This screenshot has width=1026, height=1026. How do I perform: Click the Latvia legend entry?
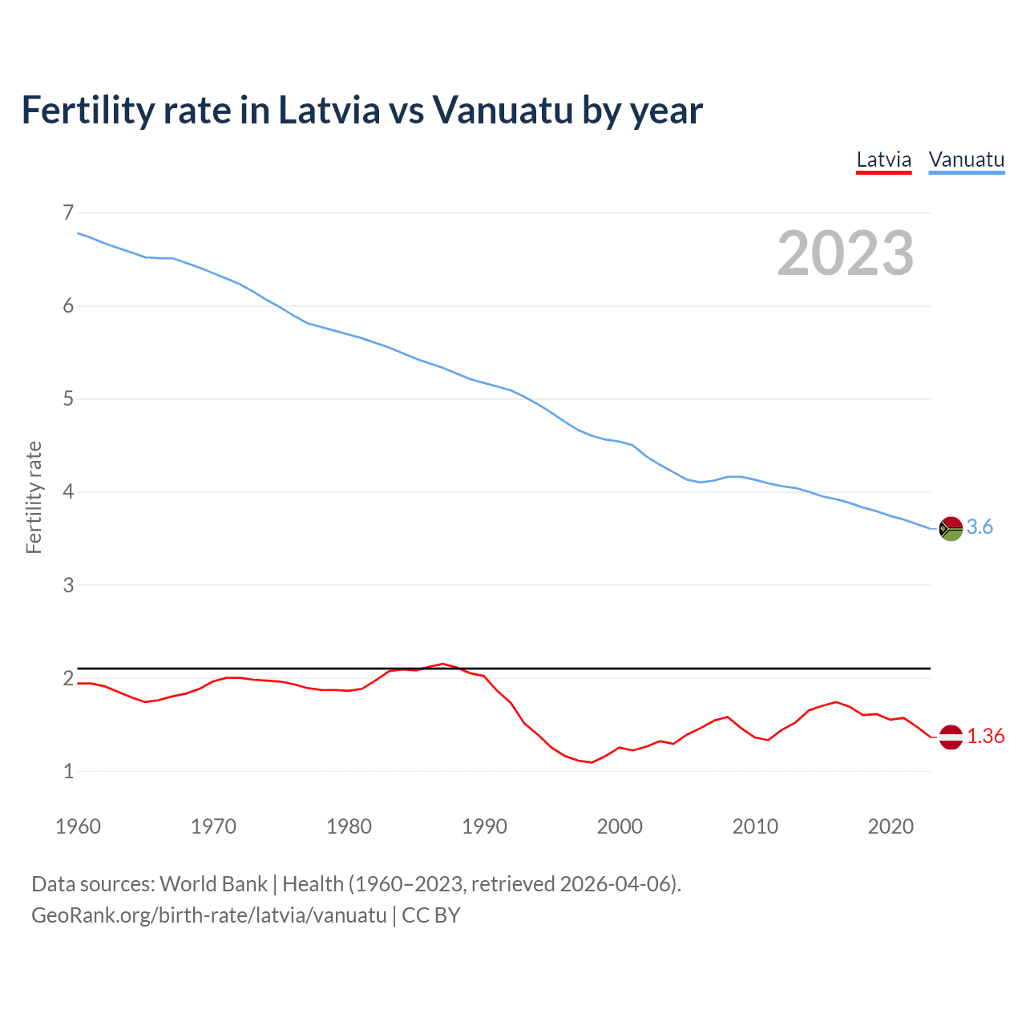[x=883, y=160]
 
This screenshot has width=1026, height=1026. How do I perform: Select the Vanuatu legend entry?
[x=966, y=160]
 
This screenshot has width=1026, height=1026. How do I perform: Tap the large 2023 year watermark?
[x=845, y=253]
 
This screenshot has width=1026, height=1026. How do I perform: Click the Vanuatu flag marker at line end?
[x=951, y=528]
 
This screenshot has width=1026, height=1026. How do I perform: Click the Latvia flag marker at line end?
[x=951, y=737]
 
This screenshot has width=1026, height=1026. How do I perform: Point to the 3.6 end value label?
[x=980, y=527]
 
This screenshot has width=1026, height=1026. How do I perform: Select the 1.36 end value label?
[x=985, y=737]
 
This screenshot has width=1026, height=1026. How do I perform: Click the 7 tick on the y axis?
[x=68, y=212]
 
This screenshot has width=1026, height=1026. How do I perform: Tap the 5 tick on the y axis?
[x=68, y=399]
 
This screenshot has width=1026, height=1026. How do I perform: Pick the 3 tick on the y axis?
[x=68, y=585]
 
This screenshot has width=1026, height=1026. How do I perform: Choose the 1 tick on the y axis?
[x=68, y=771]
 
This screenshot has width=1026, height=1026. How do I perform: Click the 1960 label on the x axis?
[x=78, y=826]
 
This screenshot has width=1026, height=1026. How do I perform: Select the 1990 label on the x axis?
[x=484, y=826]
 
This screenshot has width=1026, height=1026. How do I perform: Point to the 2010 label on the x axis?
[x=755, y=826]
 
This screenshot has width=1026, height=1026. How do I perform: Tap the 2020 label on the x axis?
[x=891, y=826]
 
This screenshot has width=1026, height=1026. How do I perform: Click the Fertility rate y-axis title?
[x=34, y=497]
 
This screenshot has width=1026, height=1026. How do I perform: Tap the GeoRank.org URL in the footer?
[x=208, y=915]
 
